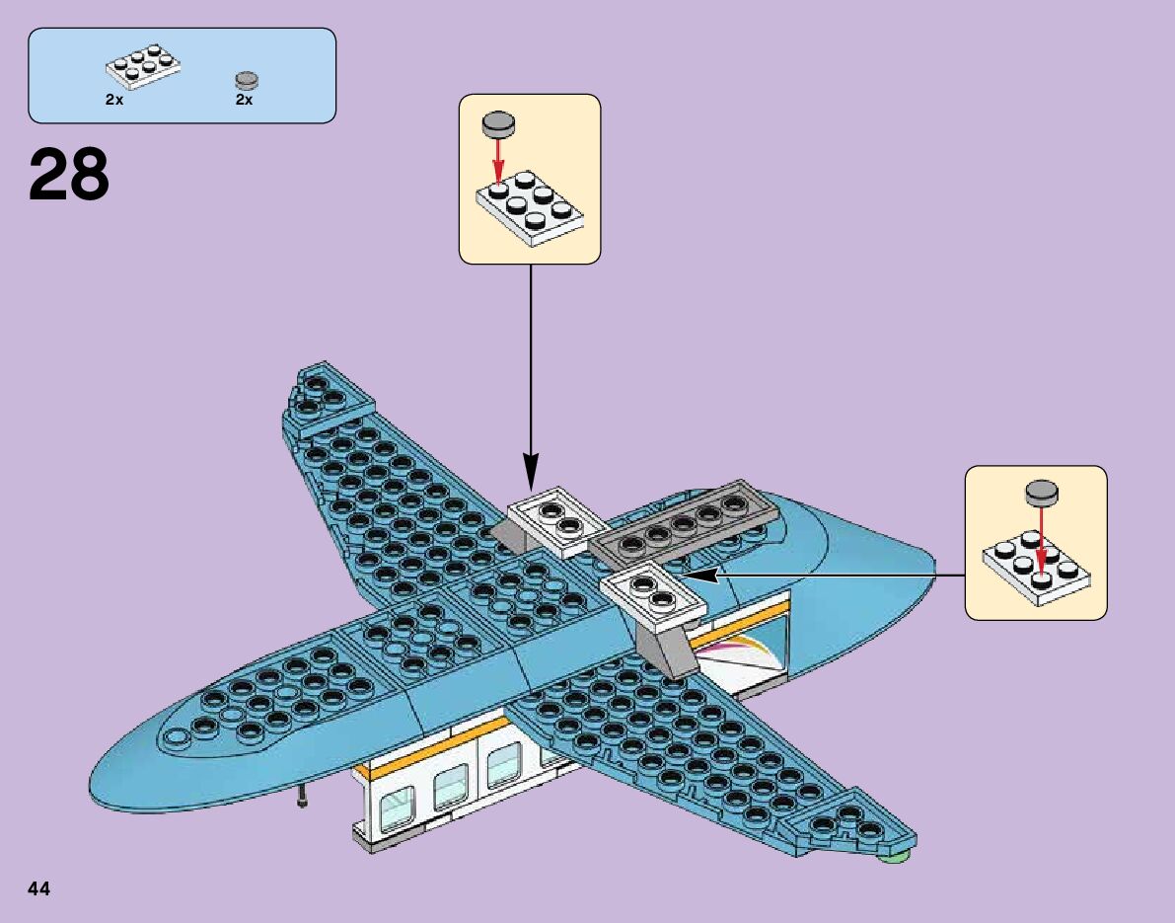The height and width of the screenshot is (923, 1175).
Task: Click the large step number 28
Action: (69, 175)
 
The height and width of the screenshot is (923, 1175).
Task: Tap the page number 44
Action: (39, 888)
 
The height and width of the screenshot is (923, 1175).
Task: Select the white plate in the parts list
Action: (144, 67)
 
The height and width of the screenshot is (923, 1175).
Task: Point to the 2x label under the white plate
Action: (114, 100)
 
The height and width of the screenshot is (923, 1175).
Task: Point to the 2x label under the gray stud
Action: (245, 100)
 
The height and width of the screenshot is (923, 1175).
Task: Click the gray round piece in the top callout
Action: (498, 124)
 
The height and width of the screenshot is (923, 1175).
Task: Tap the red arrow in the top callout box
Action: (499, 158)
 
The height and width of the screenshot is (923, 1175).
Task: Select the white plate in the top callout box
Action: (529, 205)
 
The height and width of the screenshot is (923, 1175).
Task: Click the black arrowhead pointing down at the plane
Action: (530, 471)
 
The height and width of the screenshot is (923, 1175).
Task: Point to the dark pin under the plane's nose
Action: (301, 797)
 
